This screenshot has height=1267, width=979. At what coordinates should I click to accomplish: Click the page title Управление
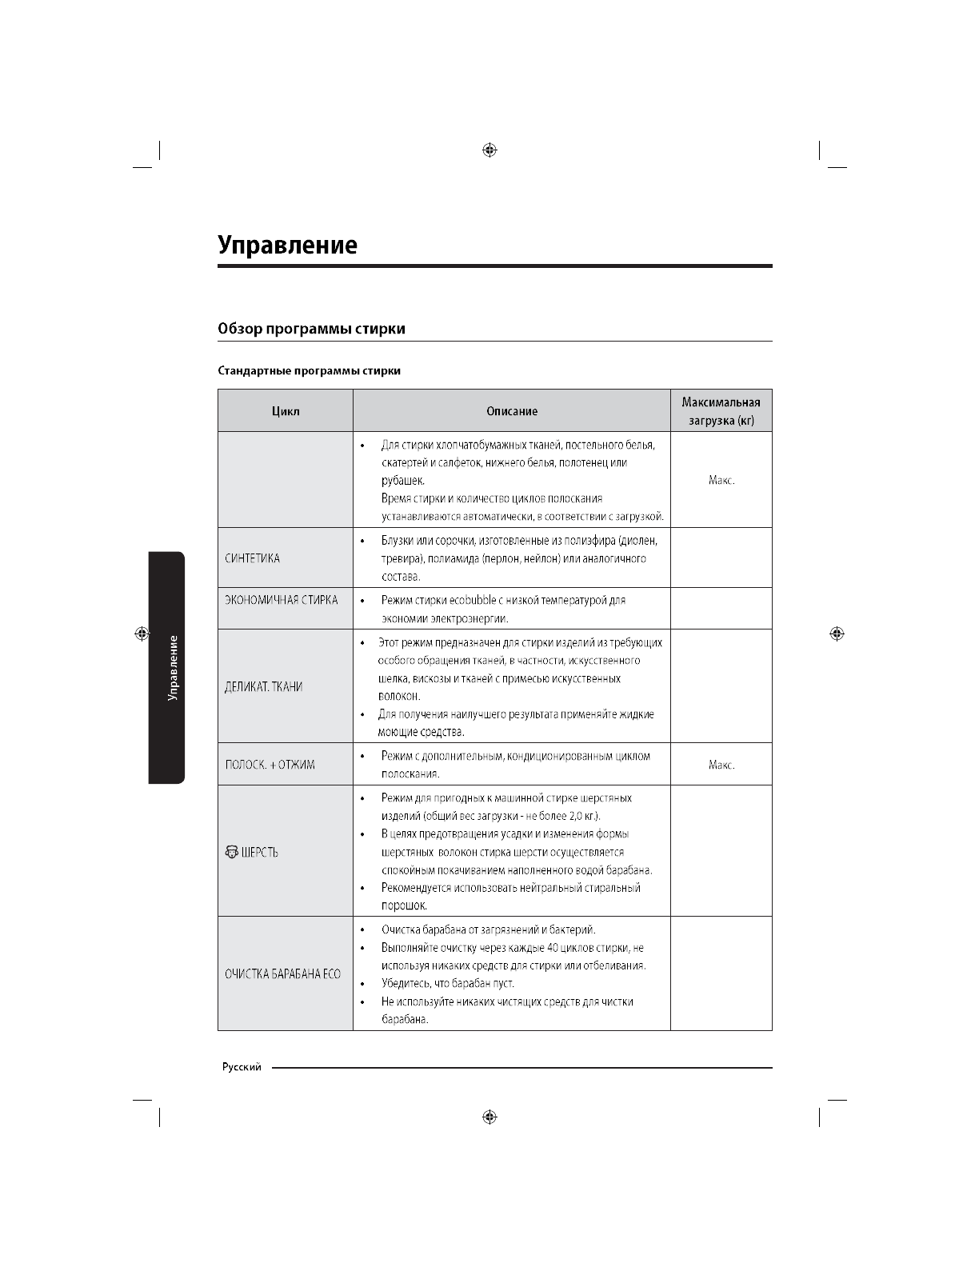pos(288,245)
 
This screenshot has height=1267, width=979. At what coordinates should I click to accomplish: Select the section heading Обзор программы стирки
pos(312,329)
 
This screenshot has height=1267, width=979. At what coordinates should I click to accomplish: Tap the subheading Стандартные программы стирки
pos(310,371)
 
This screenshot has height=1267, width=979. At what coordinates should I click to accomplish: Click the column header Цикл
pos(286,411)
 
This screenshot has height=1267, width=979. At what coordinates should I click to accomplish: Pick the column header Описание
pos(512,411)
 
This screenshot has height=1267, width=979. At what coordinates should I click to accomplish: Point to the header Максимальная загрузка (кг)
pos(721,411)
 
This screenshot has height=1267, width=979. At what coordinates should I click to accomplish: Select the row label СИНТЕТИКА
pos(253,558)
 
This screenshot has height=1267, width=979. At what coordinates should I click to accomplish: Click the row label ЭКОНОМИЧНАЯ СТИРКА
pos(282,600)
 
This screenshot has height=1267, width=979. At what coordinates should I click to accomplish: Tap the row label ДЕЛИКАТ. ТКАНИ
pos(263,687)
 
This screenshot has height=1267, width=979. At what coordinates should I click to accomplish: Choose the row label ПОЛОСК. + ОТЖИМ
pos(270,765)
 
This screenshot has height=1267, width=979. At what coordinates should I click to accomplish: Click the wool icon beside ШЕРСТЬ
pos(231,852)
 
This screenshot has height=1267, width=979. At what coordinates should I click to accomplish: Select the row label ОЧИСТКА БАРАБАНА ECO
pos(282,973)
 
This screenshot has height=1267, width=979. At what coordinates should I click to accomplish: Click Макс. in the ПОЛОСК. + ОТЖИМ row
pos(721,765)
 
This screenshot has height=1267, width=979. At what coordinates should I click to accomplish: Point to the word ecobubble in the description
pos(481,600)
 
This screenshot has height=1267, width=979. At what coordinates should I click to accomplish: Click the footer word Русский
pos(242,1068)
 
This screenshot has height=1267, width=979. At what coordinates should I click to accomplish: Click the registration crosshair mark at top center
pos(490,150)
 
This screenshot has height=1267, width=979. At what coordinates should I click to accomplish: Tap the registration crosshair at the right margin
pos(837,633)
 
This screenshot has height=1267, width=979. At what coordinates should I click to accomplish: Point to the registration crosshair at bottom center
pos(490,1117)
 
